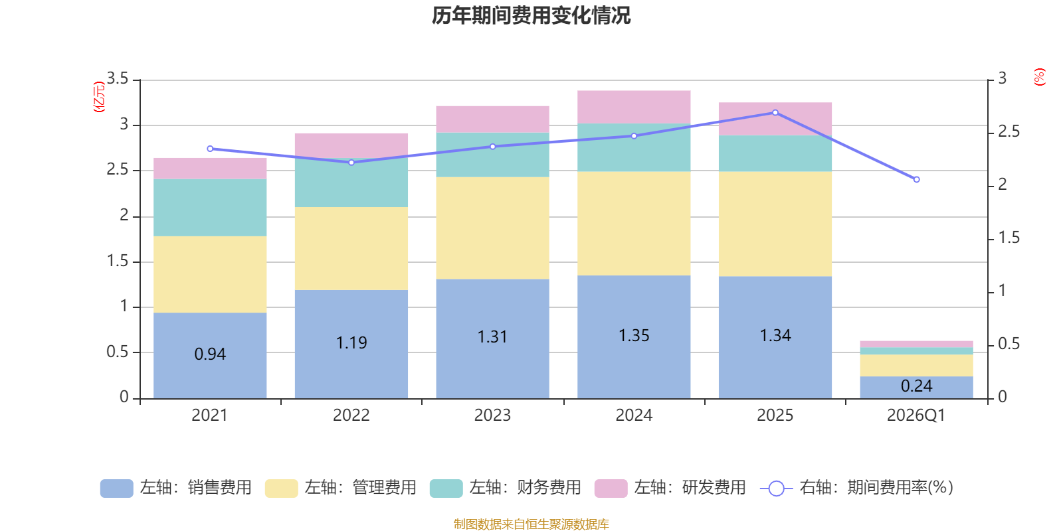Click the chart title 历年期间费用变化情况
pos(531,15)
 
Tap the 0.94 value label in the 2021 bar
pos(210,354)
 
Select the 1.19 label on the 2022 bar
pos(351,342)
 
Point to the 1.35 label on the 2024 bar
pos(634,335)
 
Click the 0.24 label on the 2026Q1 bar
pos(916,386)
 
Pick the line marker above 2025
pos(775,112)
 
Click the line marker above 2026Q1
pos(916,179)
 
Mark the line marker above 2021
pos(210,149)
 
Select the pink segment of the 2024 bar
pos(634,107)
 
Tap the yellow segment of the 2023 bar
pos(492,228)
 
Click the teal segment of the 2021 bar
pos(210,208)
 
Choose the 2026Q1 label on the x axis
pos(916,416)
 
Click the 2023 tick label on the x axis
pos(492,416)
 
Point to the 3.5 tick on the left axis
pos(118,78)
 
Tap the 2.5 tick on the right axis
pos(1009,131)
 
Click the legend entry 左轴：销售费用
pos(176,488)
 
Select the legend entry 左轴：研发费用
pos(670,488)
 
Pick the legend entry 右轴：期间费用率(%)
pos(856,488)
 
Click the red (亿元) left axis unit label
pos(99,97)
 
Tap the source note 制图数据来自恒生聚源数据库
pos(531,524)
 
